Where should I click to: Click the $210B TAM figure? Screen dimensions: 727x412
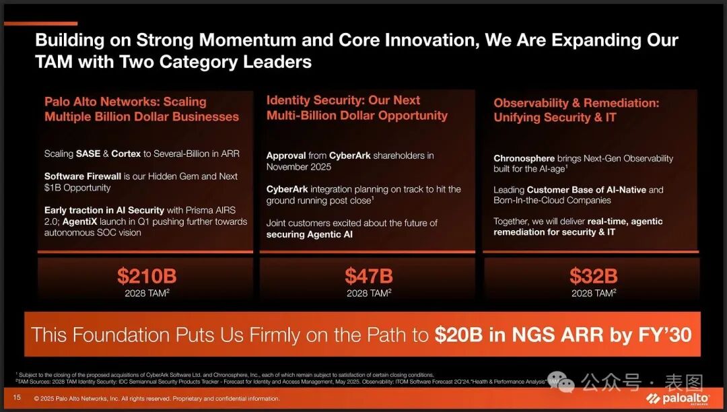click(147, 276)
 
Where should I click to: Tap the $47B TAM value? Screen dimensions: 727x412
click(369, 276)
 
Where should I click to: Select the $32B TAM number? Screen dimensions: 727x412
click(594, 276)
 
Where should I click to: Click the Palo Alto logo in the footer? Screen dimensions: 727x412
click(678, 399)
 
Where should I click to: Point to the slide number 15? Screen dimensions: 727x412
click(17, 397)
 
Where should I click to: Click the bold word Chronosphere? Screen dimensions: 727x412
click(524, 158)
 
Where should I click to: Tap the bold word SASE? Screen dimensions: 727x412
click(88, 154)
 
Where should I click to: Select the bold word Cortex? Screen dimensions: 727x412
click(126, 154)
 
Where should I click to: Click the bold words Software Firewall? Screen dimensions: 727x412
click(83, 176)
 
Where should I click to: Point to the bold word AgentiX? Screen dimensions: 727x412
click(79, 221)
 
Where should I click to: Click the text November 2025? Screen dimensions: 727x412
click(299, 167)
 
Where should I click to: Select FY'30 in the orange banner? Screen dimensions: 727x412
click(665, 335)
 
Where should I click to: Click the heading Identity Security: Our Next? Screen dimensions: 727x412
click(343, 100)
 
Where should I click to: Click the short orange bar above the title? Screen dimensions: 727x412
click(41, 23)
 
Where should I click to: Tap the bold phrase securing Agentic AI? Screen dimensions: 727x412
click(309, 234)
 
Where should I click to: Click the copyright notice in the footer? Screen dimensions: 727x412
click(157, 399)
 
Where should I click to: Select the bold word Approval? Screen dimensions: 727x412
click(286, 156)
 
